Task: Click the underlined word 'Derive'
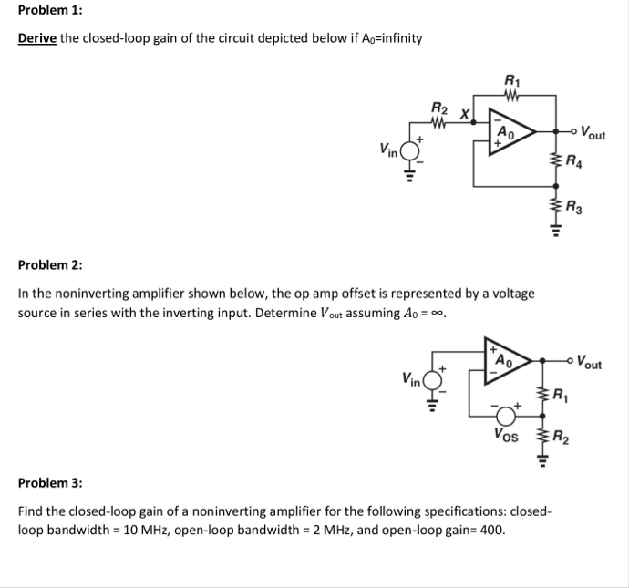[x=38, y=37]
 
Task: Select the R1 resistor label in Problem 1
[x=510, y=80]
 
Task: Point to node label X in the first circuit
[x=465, y=115]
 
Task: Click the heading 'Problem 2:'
[x=50, y=265]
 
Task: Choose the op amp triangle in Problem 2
[x=506, y=358]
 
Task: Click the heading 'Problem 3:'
[x=50, y=482]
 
